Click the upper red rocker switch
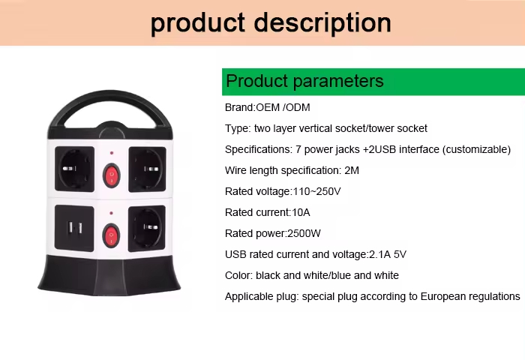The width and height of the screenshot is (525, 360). point(112,175)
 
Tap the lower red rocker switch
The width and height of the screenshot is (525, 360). point(111,235)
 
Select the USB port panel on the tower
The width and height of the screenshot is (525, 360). point(74,228)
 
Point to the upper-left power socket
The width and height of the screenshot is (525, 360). point(75,169)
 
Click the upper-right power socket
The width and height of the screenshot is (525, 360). point(147,169)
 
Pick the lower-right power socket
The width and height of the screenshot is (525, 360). point(147,229)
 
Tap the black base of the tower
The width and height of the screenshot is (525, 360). point(109,275)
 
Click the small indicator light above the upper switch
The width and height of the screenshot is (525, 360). point(112,153)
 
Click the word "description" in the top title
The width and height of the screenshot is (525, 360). point(322,23)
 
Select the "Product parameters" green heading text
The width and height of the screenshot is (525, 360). point(304,82)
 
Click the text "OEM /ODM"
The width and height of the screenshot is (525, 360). point(283,107)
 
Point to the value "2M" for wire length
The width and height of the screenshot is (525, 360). point(352,170)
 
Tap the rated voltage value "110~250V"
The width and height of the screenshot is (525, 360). point(316,191)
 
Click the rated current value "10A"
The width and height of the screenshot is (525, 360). point(301,213)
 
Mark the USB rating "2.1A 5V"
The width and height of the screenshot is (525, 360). point(388,254)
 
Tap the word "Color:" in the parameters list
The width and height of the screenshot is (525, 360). point(238,275)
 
